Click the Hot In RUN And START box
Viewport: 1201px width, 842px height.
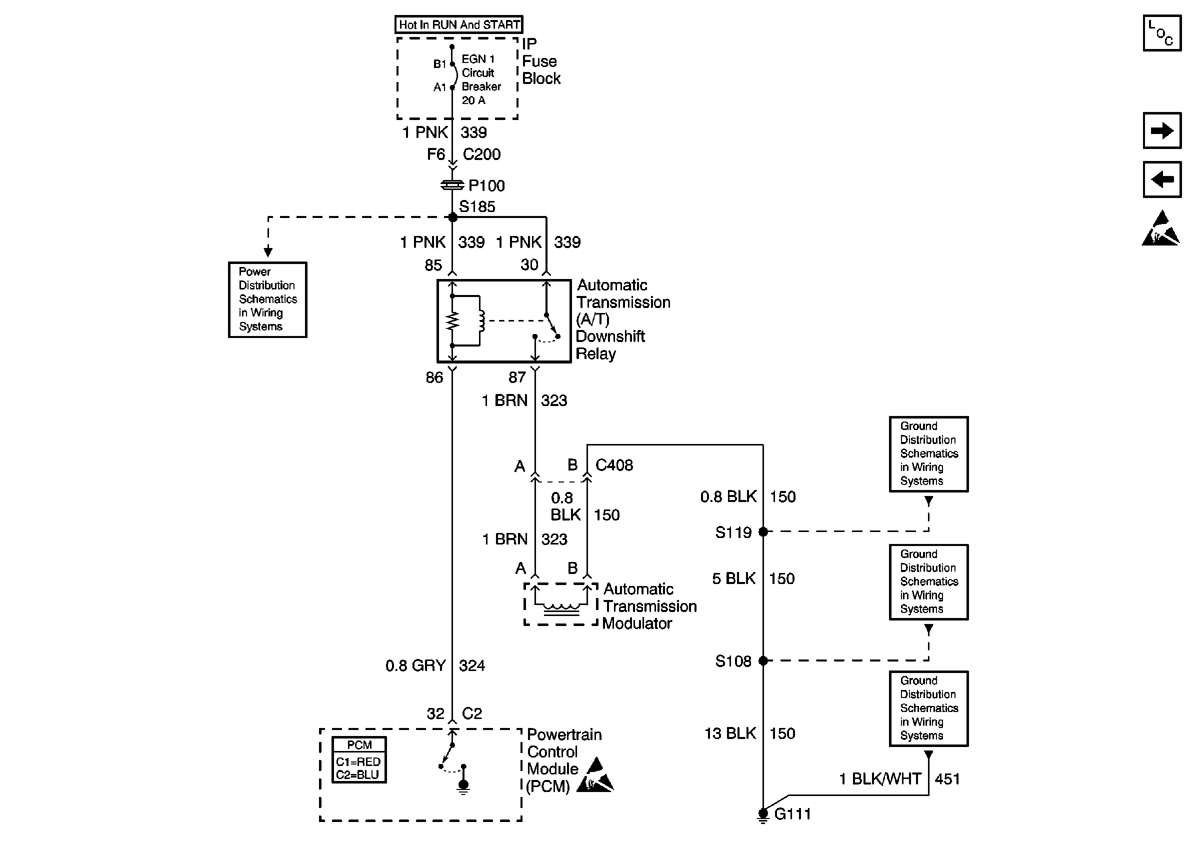[x=458, y=24]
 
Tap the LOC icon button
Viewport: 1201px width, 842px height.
[x=1162, y=33]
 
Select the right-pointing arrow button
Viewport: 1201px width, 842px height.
[x=1162, y=130]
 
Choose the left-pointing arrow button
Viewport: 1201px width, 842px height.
[x=1162, y=179]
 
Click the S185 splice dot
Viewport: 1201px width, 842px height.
[x=453, y=217]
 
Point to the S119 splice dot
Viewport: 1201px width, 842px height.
[x=763, y=532]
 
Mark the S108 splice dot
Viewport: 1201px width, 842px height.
[x=763, y=660]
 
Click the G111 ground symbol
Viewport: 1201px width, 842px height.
[x=763, y=815]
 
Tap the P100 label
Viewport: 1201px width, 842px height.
[x=486, y=185]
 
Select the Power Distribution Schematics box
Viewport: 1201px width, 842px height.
[x=268, y=299]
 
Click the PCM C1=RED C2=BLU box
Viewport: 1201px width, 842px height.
[x=359, y=760]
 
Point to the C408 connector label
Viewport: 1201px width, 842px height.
[x=614, y=465]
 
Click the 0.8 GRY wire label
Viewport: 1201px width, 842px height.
[x=416, y=666]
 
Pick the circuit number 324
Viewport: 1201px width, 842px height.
[x=472, y=666]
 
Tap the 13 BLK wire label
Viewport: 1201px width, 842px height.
[x=730, y=733]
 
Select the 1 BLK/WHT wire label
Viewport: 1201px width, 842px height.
[x=880, y=778]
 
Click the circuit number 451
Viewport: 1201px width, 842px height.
[x=947, y=778]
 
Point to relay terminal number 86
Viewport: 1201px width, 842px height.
[x=434, y=377]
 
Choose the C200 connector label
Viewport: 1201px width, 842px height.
[x=482, y=154]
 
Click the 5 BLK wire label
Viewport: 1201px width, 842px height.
[x=734, y=578]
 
